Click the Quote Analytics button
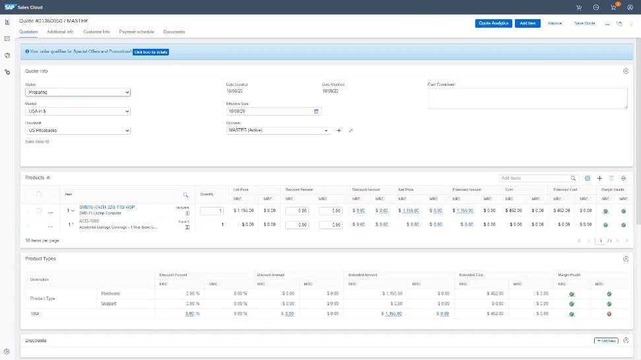click(493, 23)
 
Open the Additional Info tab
click(61, 32)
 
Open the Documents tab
click(174, 32)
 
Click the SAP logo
click(10, 7)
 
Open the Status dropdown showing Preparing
click(78, 92)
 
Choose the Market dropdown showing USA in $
click(78, 112)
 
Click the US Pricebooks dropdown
click(78, 131)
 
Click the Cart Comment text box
click(527, 98)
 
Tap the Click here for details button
click(151, 51)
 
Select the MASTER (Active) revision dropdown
click(277, 131)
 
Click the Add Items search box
click(535, 178)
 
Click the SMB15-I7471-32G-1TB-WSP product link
click(107, 207)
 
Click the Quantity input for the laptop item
click(212, 211)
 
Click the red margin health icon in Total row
click(609, 314)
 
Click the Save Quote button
click(585, 23)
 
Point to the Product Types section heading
click(40, 258)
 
